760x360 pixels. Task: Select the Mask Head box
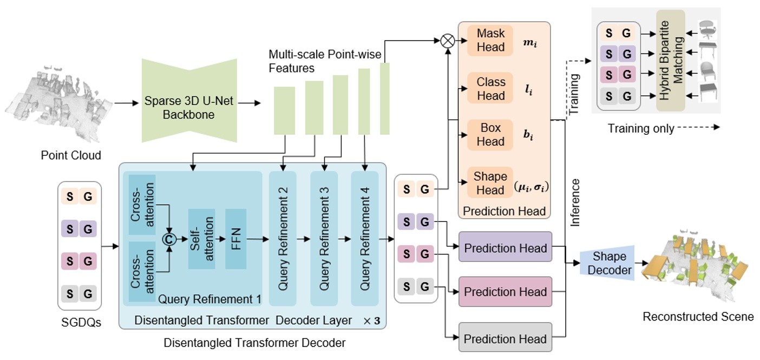[490, 40]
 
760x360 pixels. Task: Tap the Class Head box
[490, 88]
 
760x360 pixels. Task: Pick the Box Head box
[490, 134]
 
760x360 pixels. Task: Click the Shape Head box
[490, 183]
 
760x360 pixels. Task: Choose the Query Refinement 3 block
[324, 239]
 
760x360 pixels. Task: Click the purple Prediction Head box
[505, 248]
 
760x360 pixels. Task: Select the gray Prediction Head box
[505, 339]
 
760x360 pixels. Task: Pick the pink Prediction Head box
[505, 292]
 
